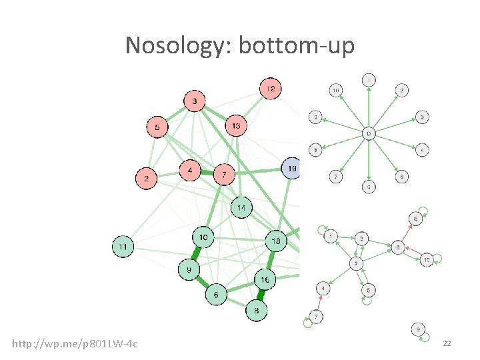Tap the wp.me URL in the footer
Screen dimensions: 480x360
75,343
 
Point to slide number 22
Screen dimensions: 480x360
447,343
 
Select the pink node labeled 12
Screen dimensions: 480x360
270,89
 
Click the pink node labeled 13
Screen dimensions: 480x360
236,126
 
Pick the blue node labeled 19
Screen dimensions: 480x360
292,168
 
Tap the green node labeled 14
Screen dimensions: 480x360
242,208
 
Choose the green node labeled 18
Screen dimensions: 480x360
276,241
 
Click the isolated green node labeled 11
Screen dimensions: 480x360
123,247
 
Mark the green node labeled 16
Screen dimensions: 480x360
265,280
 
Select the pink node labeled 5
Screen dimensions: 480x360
157,127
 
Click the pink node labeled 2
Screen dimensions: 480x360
147,178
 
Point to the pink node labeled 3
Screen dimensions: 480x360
195,101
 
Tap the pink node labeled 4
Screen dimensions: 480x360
191,171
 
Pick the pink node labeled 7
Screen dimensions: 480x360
225,175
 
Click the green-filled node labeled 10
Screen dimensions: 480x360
203,237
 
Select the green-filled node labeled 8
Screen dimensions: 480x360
257,310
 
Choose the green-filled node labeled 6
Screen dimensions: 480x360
215,294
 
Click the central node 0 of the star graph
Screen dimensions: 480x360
369,134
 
